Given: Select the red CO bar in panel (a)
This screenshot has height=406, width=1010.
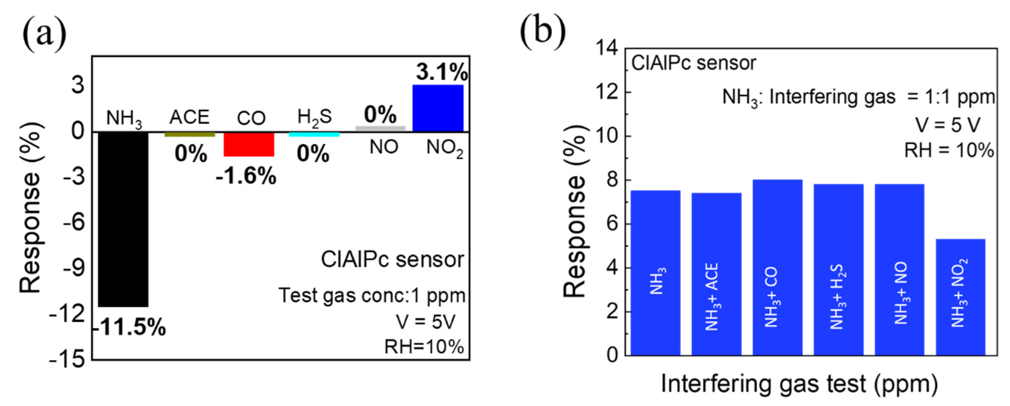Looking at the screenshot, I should [x=248, y=144].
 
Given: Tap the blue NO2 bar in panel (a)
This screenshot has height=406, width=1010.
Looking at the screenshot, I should [x=438, y=108].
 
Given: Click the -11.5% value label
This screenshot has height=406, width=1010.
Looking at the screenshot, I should [x=130, y=327].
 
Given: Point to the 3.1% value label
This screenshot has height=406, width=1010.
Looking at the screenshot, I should [x=442, y=72].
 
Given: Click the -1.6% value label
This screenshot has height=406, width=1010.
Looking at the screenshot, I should [x=246, y=176].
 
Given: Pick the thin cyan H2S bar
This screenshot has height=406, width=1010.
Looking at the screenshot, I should [x=314, y=135].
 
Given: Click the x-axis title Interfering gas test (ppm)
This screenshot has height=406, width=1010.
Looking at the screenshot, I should [x=799, y=384].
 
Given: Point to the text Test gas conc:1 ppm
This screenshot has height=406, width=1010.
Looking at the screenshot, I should [x=372, y=296].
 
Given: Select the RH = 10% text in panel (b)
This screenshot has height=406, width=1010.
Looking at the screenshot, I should [x=948, y=150].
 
